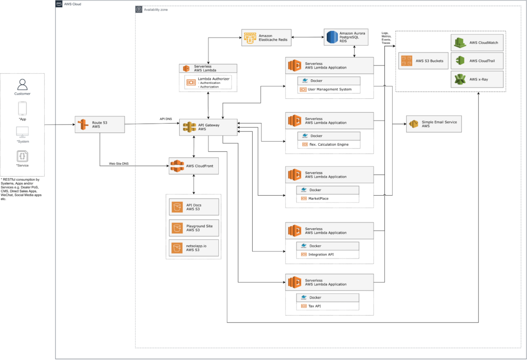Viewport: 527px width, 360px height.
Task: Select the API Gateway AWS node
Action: click(208, 127)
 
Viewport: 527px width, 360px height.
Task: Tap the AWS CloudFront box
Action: click(194, 166)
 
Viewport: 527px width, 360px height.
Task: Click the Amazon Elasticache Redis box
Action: click(267, 38)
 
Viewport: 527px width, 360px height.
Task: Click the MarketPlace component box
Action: click(328, 198)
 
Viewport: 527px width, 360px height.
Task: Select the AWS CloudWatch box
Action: click(478, 43)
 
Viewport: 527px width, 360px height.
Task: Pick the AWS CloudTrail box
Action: click(478, 61)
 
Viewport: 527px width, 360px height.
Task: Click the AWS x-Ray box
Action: click(478, 80)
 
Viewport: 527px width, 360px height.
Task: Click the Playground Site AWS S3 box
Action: click(194, 227)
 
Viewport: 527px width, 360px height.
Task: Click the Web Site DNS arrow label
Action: click(118, 163)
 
